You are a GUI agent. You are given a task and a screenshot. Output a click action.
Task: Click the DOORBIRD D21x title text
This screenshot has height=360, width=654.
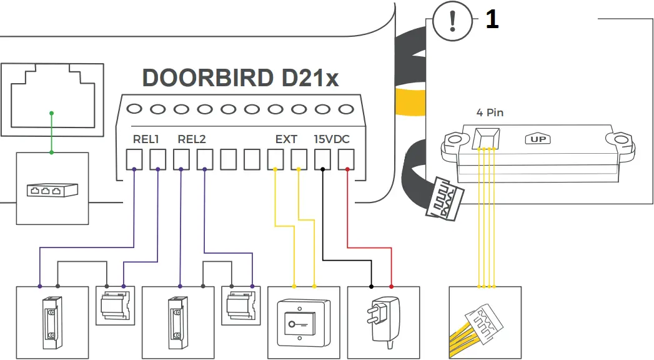click(240, 77)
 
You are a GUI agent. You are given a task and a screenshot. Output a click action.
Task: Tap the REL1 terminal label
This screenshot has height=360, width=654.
click(146, 139)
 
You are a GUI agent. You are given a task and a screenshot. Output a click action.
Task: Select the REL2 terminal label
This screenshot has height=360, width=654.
click(192, 139)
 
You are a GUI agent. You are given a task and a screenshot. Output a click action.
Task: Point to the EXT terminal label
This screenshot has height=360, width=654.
click(286, 139)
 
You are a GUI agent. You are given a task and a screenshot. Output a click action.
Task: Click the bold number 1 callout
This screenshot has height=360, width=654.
click(492, 20)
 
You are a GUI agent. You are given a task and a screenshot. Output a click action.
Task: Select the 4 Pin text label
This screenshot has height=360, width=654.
click(489, 113)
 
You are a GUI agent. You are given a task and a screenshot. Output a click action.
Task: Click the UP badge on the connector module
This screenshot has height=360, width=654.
click(538, 139)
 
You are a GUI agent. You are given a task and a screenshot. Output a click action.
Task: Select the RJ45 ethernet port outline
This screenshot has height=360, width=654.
click(51, 99)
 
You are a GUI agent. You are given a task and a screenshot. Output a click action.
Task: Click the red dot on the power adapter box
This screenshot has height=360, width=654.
click(392, 286)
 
